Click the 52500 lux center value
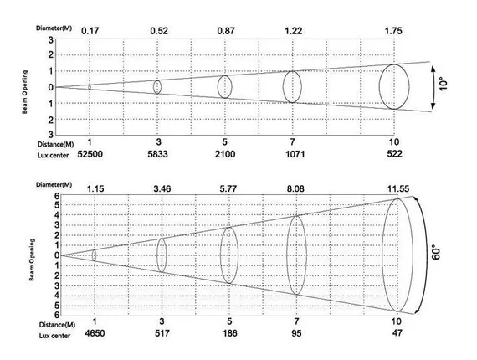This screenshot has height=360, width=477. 90,154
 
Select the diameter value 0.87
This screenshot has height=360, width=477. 226,31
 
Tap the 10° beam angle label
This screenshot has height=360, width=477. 444,85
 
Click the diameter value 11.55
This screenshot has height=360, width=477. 398,188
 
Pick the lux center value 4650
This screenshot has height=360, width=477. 95,333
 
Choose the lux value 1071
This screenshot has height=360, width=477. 295,154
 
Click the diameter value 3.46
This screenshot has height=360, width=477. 162,188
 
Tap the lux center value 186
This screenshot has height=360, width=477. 229,333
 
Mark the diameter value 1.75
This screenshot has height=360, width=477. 393,31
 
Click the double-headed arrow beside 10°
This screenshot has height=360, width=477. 433,88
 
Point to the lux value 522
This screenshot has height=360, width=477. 394,154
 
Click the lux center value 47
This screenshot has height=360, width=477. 397,332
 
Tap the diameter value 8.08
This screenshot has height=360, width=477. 295,188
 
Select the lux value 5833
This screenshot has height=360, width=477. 157,154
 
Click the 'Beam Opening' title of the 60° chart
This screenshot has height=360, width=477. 32,260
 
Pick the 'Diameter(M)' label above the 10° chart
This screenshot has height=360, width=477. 54,28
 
